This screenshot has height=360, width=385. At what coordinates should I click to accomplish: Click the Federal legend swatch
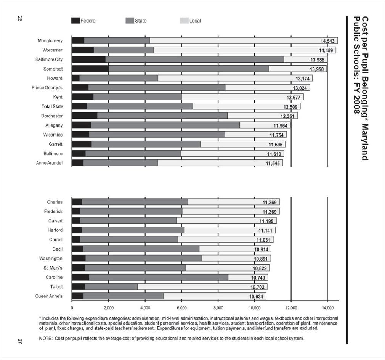tap(75, 21)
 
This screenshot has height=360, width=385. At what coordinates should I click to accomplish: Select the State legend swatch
tap(130, 21)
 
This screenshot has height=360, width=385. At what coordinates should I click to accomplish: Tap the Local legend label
tap(195, 21)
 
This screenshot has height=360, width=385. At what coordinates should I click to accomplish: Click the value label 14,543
tap(327, 41)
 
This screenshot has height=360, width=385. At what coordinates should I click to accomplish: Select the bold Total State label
tap(52, 106)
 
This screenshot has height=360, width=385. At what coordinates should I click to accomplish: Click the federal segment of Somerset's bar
tap(90, 69)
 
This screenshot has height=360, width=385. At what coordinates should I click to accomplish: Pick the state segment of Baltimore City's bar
tap(194, 59)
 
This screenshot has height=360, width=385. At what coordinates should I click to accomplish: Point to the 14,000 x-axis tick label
tap(327, 307)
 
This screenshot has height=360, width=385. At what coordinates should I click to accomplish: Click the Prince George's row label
tap(47, 88)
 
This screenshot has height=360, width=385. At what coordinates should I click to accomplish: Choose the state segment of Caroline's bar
tap(158, 277)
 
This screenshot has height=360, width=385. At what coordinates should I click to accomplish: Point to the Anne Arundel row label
tap(50, 163)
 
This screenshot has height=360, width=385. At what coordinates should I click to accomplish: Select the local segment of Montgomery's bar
tap(233, 41)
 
